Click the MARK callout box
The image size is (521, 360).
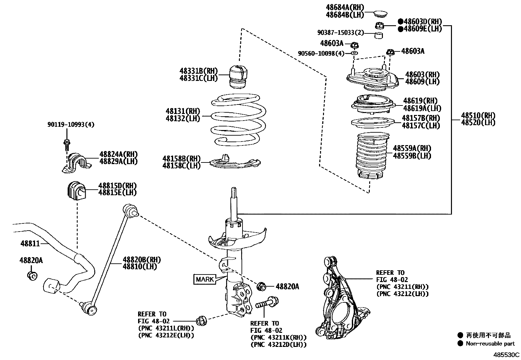pyautogui.click(x=205, y=279)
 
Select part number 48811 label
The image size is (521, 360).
pyautogui.click(x=30, y=243)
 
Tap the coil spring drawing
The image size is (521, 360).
pyautogui.click(x=238, y=120)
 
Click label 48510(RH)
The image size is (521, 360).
pyautogui.click(x=478, y=115)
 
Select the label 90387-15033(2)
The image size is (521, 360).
pyautogui.click(x=341, y=33)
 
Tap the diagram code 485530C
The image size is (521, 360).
pyautogui.click(x=507, y=354)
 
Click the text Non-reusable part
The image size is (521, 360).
pyautogui.click(x=490, y=344)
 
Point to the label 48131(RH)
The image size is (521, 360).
pyautogui.click(x=183, y=111)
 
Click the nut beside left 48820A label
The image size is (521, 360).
pyautogui.click(x=32, y=275)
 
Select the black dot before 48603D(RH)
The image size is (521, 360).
pyautogui.click(x=400, y=21)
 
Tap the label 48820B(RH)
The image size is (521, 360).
pyautogui.click(x=142, y=259)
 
